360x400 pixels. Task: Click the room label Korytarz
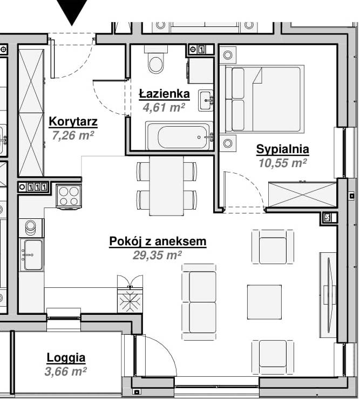click(73, 121)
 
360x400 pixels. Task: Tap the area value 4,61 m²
click(164, 107)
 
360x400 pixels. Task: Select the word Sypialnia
click(283, 149)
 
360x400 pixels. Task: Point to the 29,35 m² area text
click(157, 255)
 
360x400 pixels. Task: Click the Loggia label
click(66, 358)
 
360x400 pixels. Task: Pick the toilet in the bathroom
click(156, 59)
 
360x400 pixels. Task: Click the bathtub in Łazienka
click(179, 136)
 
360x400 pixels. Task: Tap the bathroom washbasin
click(206, 100)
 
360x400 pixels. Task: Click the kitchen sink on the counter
click(32, 254)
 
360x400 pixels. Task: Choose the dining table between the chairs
click(166, 185)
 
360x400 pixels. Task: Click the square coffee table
click(264, 302)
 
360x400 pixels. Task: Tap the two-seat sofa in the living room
click(199, 302)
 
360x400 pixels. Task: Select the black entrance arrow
click(72, 11)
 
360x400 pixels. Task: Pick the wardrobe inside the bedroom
click(303, 194)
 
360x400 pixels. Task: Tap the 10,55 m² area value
click(283, 163)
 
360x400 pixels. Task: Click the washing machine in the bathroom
click(201, 71)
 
